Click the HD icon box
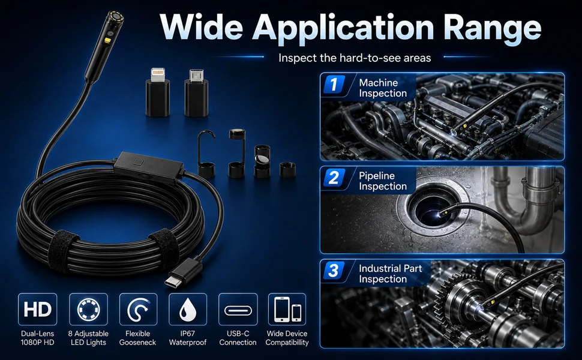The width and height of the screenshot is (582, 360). (37, 309)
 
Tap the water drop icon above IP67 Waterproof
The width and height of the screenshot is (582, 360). (188, 309)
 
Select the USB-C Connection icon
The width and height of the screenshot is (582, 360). (238, 309)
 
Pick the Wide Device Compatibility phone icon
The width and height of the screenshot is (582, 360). (287, 309)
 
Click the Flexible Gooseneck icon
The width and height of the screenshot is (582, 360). (138, 309)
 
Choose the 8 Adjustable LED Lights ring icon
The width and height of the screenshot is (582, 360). (88, 309)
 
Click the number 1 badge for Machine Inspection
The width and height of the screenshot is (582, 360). (334, 84)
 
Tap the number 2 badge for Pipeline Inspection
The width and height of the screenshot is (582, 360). (334, 178)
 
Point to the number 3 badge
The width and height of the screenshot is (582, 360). (334, 270)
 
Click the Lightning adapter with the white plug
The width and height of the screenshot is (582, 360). (158, 92)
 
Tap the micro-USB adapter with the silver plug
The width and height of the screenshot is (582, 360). (196, 93)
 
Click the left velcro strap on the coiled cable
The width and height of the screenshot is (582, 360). (64, 247)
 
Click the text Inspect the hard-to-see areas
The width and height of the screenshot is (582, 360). (355, 58)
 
